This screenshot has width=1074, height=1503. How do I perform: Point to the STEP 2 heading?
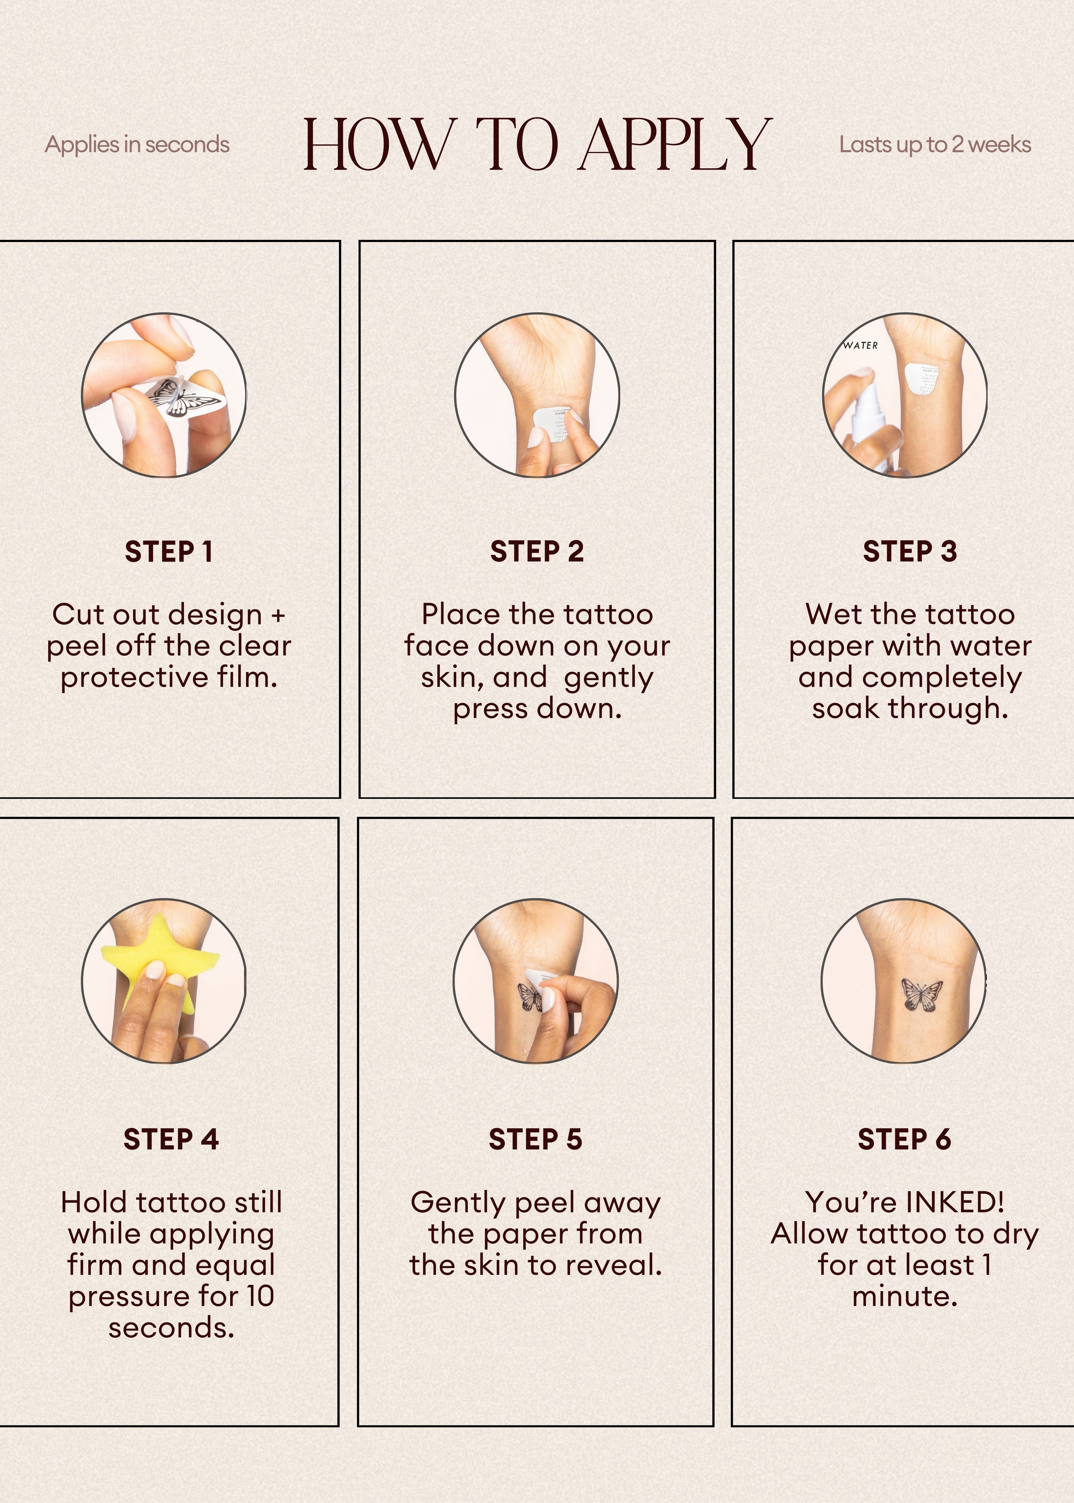(x=537, y=551)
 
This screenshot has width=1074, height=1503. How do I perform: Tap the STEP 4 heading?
(x=171, y=1139)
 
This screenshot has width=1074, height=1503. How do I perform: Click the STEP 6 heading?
(x=904, y=1139)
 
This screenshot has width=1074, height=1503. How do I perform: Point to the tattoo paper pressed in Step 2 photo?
(x=554, y=423)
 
